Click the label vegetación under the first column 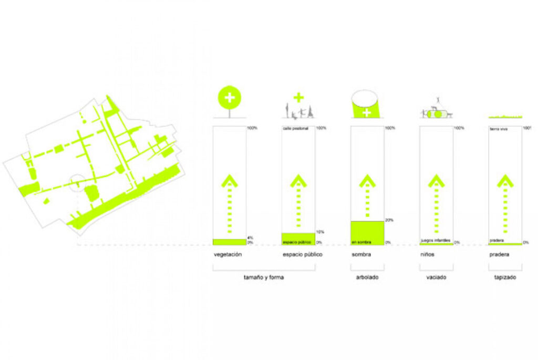(x=227, y=255)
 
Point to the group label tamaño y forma (x=264, y=277)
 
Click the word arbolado (x=367, y=277)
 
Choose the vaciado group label (x=436, y=277)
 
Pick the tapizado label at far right (x=505, y=277)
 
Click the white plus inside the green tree (x=230, y=98)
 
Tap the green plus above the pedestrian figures (x=298, y=97)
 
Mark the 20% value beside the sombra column (x=389, y=220)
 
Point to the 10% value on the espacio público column (x=320, y=232)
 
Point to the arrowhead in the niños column (x=436, y=181)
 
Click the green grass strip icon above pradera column (x=505, y=116)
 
